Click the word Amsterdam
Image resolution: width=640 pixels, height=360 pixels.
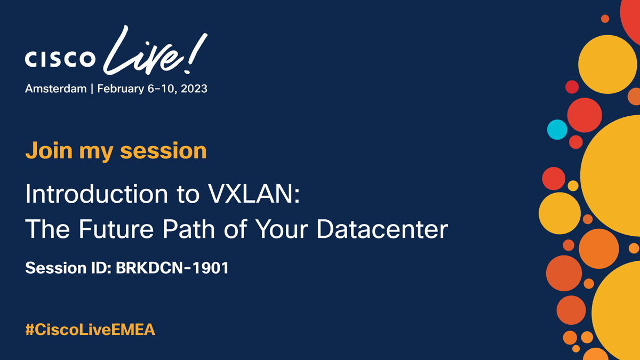pyautogui.click(x=55, y=89)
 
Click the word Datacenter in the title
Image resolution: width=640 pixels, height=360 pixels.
pyautogui.click(x=382, y=229)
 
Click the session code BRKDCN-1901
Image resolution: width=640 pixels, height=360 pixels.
pyautogui.click(x=172, y=267)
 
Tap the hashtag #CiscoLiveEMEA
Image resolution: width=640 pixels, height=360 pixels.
pyautogui.click(x=90, y=329)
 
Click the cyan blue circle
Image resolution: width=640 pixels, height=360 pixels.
pyautogui.click(x=557, y=129)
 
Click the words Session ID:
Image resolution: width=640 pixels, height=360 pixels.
pyautogui.click(x=68, y=267)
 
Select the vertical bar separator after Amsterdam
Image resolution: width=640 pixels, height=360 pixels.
pyautogui.click(x=92, y=89)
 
